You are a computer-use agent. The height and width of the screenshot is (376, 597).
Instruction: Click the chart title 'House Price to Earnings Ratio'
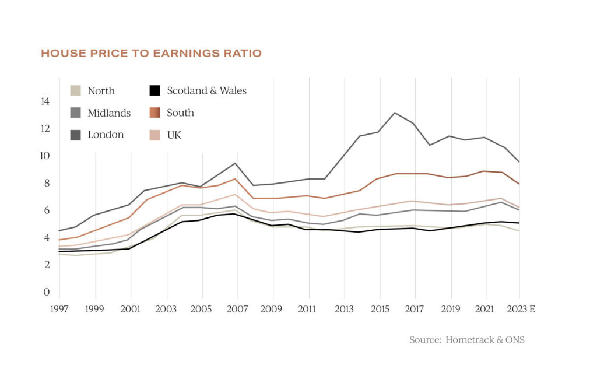point(151,54)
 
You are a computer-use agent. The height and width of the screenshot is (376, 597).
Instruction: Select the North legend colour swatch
point(75,91)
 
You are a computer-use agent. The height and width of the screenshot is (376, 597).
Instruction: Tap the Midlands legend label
point(109,113)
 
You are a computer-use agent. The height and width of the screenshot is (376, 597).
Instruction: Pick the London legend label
point(106,135)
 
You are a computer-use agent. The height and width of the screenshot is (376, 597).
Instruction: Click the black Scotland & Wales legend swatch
point(154,91)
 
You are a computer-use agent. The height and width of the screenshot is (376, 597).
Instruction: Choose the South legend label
point(180,113)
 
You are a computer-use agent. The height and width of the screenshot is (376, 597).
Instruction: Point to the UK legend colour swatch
point(154,135)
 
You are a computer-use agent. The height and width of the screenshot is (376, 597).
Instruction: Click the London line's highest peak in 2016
point(395,113)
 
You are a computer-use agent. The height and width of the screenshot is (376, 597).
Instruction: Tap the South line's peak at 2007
point(235,179)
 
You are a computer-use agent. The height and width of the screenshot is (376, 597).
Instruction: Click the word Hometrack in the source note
point(469,340)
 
